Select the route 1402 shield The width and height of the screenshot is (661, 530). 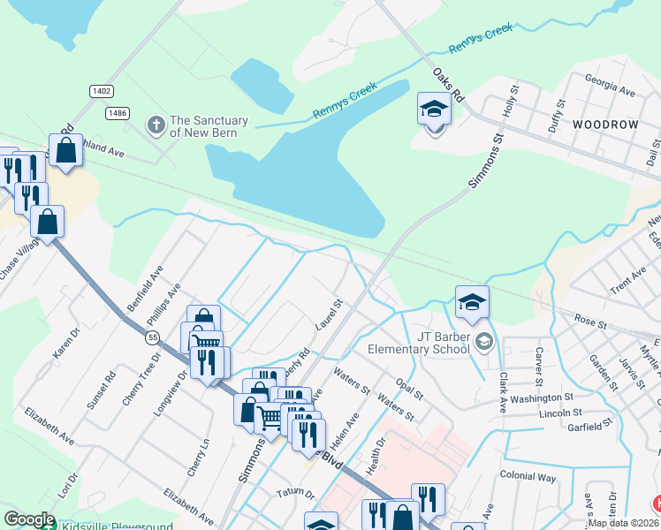(101, 91)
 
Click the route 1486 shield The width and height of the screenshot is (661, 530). (117, 113)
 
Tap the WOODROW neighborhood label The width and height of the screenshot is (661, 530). (604, 125)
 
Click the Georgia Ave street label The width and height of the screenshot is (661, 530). (610, 91)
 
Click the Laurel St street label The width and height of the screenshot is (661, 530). (329, 315)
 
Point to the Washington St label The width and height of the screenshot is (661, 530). (542, 398)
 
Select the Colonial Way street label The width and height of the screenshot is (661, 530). (528, 477)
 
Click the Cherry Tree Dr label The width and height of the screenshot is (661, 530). (141, 379)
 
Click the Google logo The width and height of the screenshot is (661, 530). (29, 519)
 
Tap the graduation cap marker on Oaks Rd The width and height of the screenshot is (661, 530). (434, 110)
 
